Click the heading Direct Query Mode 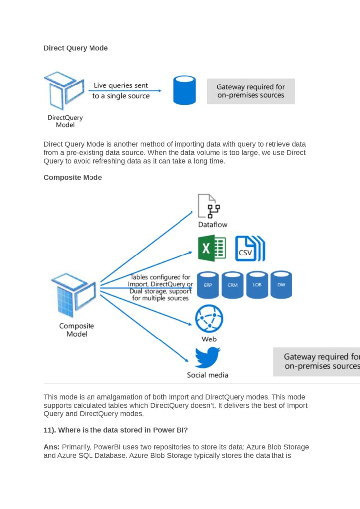click(76, 48)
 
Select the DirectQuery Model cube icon click(64, 91)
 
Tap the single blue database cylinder click(184, 90)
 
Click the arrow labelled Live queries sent click(126, 91)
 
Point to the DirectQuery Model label click(65, 121)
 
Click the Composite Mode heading click(73, 177)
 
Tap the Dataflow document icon click(209, 207)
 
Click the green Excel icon click(212, 248)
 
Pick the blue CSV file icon click(249, 249)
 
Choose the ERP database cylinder click(208, 285)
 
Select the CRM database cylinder click(233, 285)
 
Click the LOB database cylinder click(257, 285)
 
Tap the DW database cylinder click(281, 285)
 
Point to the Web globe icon click(209, 319)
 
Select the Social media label click(207, 375)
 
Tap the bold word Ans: click(52, 447)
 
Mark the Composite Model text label click(77, 330)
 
